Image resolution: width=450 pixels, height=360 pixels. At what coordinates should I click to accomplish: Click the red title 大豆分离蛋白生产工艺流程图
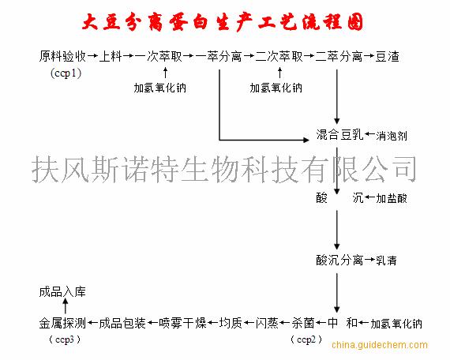tap(223, 22)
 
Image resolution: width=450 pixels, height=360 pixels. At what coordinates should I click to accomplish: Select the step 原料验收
tap(62, 56)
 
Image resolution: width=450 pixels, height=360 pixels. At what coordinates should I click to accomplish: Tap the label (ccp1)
tap(66, 73)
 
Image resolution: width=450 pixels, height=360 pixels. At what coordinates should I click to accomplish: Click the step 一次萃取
tap(159, 56)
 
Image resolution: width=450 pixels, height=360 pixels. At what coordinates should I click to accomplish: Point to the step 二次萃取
tap(279, 56)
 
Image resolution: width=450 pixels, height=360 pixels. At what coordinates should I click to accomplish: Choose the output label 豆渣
tap(387, 56)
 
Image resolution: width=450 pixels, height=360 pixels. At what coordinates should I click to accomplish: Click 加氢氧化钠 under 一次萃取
tap(159, 88)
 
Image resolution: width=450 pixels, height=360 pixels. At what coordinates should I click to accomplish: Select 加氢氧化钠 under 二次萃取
tap(276, 88)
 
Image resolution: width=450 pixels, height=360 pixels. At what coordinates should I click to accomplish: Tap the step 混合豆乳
tap(339, 135)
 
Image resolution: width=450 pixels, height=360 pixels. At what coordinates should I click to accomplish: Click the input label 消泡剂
tap(392, 136)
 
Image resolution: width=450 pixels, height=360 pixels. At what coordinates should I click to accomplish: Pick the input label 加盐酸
tap(392, 198)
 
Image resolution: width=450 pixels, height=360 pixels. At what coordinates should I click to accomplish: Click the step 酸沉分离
tap(339, 260)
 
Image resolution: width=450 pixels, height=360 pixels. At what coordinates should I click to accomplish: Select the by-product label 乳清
tap(386, 261)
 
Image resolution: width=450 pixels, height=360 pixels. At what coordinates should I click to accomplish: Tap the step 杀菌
tap(303, 323)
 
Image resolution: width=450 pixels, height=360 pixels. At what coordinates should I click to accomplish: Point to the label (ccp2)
tap(306, 340)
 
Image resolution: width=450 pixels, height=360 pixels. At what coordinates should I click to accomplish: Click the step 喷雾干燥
tap(182, 323)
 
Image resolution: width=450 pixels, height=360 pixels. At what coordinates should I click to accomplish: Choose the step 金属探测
tap(62, 323)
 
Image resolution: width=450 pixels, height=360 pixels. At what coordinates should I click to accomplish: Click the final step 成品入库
tap(62, 292)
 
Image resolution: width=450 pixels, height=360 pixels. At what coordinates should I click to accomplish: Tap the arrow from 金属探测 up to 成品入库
tap(66, 306)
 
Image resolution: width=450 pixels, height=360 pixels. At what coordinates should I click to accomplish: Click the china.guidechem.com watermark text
tap(380, 345)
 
